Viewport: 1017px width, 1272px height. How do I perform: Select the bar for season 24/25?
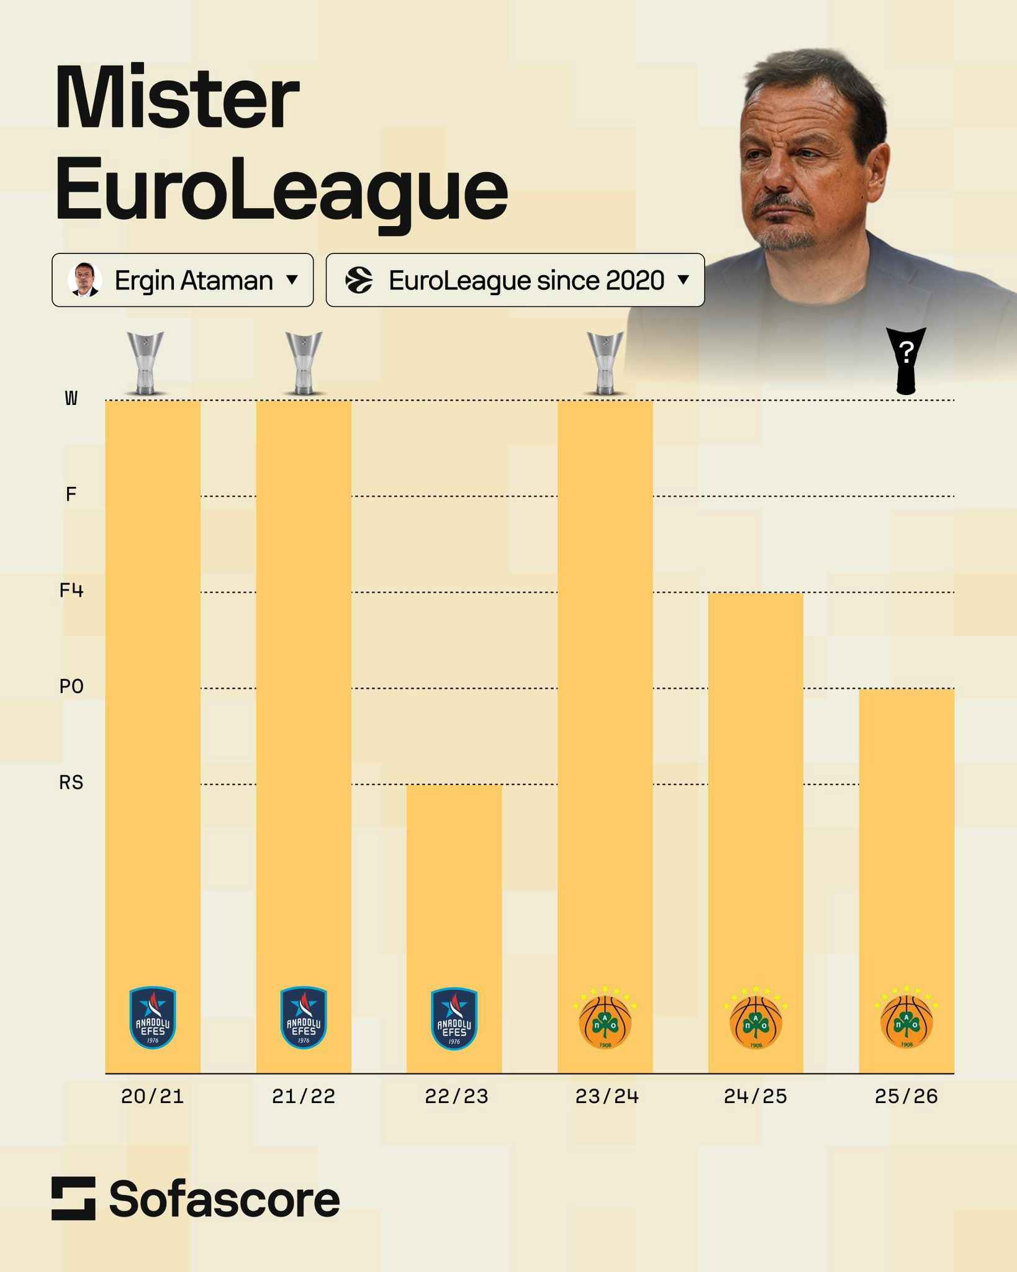[756, 776]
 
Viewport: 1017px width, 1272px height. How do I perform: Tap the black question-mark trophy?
[906, 360]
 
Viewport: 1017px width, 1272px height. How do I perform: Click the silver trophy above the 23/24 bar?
[605, 363]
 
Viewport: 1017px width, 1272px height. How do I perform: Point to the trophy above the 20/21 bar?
[146, 363]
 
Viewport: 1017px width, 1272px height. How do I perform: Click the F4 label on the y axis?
[71, 590]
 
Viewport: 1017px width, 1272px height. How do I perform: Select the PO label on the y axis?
[71, 686]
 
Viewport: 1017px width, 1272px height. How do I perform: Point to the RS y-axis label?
[71, 783]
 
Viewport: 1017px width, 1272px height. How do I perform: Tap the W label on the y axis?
[71, 398]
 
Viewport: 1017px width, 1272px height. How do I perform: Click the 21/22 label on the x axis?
[304, 1096]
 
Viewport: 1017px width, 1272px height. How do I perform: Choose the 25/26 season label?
[906, 1096]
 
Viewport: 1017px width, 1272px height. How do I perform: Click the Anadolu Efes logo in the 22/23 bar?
[454, 1019]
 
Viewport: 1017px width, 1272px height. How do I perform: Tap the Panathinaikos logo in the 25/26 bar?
[906, 1019]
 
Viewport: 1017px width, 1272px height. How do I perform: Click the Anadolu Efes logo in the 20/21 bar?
[153, 1019]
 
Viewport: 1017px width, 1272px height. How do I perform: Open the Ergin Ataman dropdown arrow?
[292, 280]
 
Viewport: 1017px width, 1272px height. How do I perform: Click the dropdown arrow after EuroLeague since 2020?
[684, 280]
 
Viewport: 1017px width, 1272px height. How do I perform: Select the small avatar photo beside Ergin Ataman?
[84, 280]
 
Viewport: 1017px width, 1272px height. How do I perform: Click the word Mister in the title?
[178, 98]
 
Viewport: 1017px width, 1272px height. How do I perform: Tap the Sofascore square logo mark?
[73, 1198]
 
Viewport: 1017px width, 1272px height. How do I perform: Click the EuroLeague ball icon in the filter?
[359, 280]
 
